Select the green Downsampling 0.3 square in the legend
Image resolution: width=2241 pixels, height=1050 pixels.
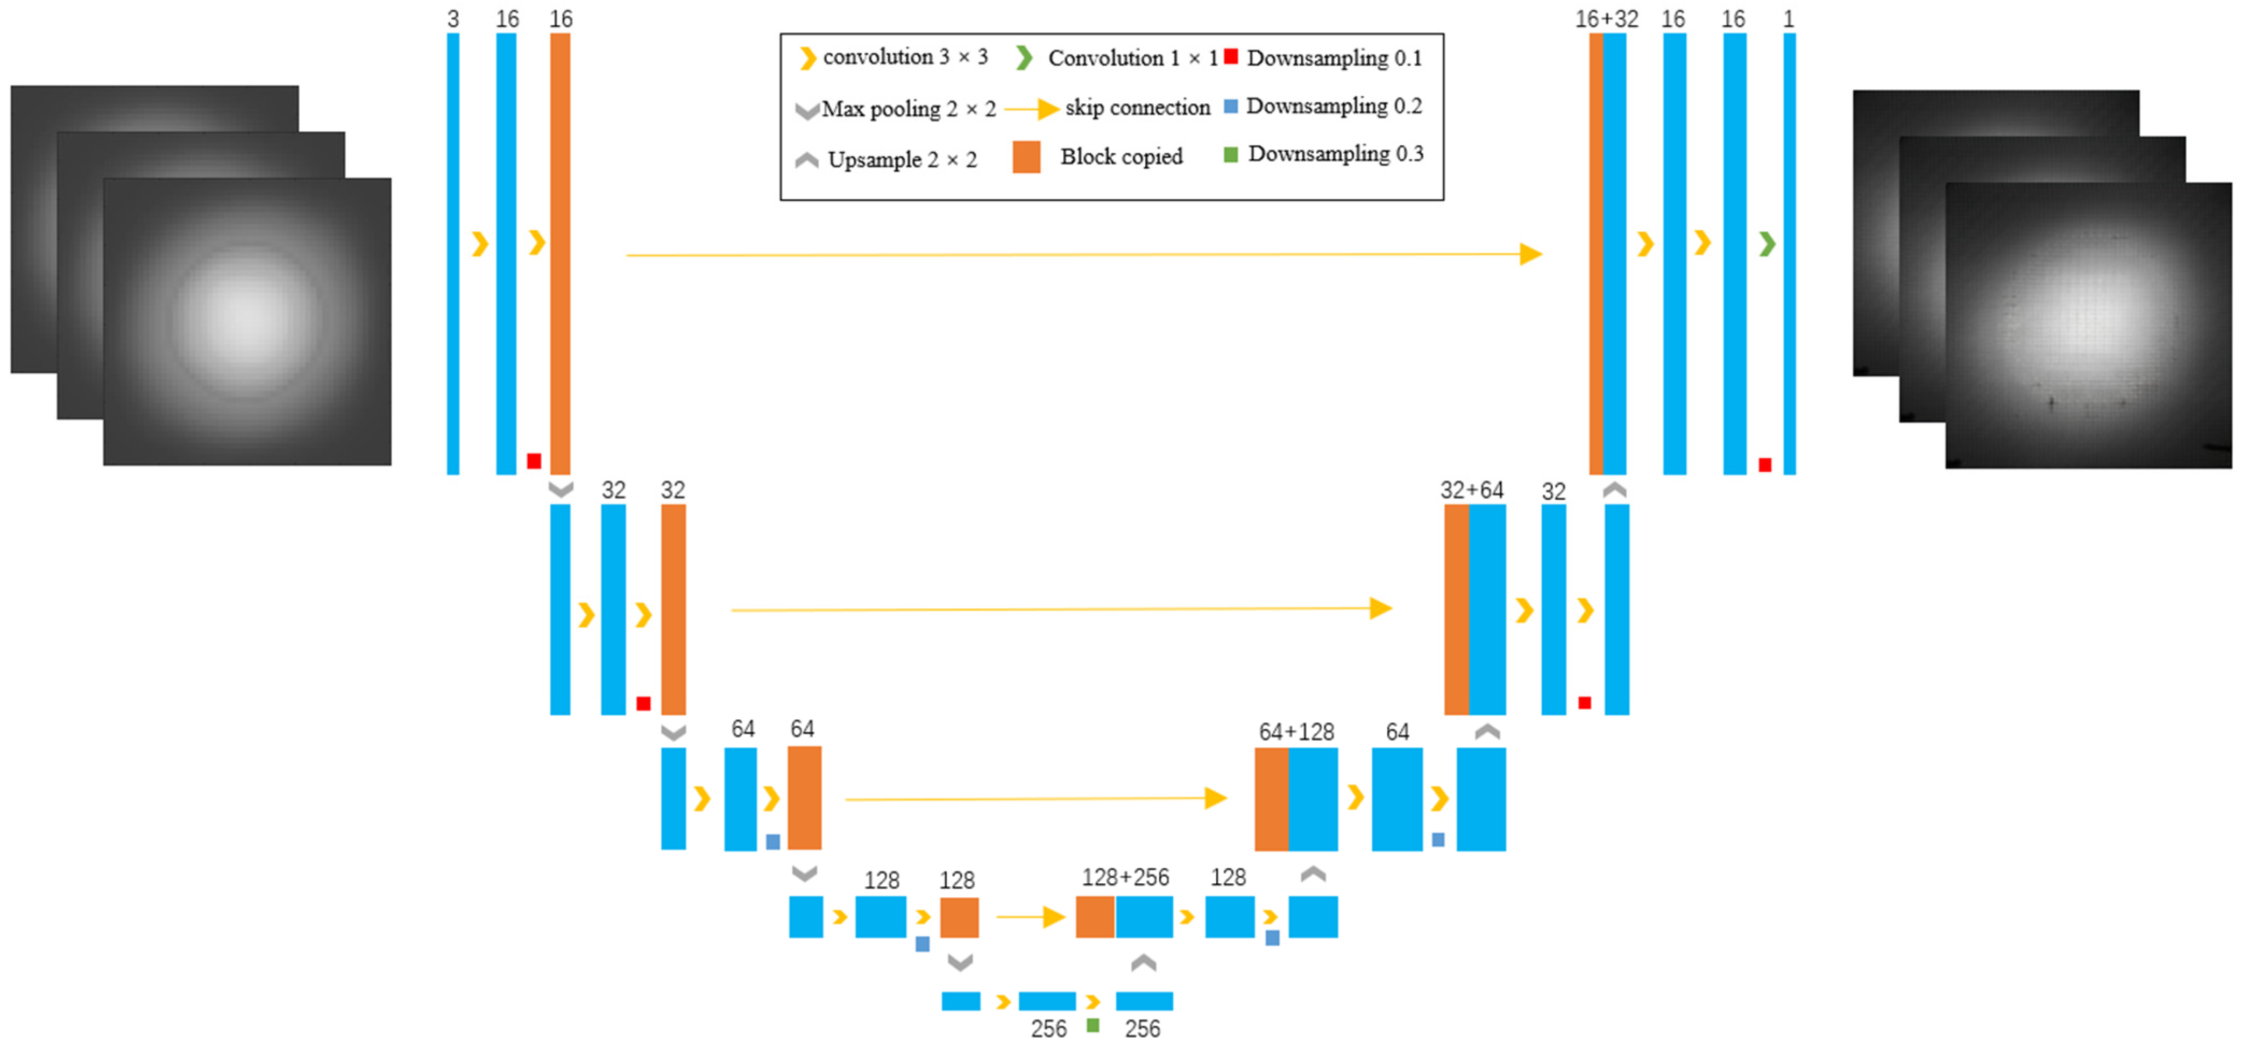[1231, 155]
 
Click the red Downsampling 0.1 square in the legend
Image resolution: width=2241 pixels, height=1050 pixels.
[1231, 56]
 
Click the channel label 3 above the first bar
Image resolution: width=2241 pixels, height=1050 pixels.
[453, 19]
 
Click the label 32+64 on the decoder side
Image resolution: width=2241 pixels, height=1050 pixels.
[1472, 490]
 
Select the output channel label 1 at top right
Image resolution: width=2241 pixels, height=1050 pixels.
[1789, 19]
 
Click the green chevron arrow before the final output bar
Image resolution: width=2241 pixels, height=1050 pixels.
[1767, 244]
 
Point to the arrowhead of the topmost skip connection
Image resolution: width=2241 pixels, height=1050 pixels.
[1531, 254]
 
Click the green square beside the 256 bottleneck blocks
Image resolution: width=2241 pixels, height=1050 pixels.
[1093, 1026]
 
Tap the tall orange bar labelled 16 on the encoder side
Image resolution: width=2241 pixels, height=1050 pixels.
[561, 252]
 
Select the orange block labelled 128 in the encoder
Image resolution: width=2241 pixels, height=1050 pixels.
[959, 917]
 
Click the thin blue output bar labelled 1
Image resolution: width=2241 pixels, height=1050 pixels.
[1790, 252]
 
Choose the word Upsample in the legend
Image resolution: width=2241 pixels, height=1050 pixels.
[874, 160]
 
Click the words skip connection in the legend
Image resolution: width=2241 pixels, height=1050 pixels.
[1137, 108]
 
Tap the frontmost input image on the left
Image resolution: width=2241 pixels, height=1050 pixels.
[247, 322]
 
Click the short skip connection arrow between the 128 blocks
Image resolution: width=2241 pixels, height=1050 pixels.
[1031, 917]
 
